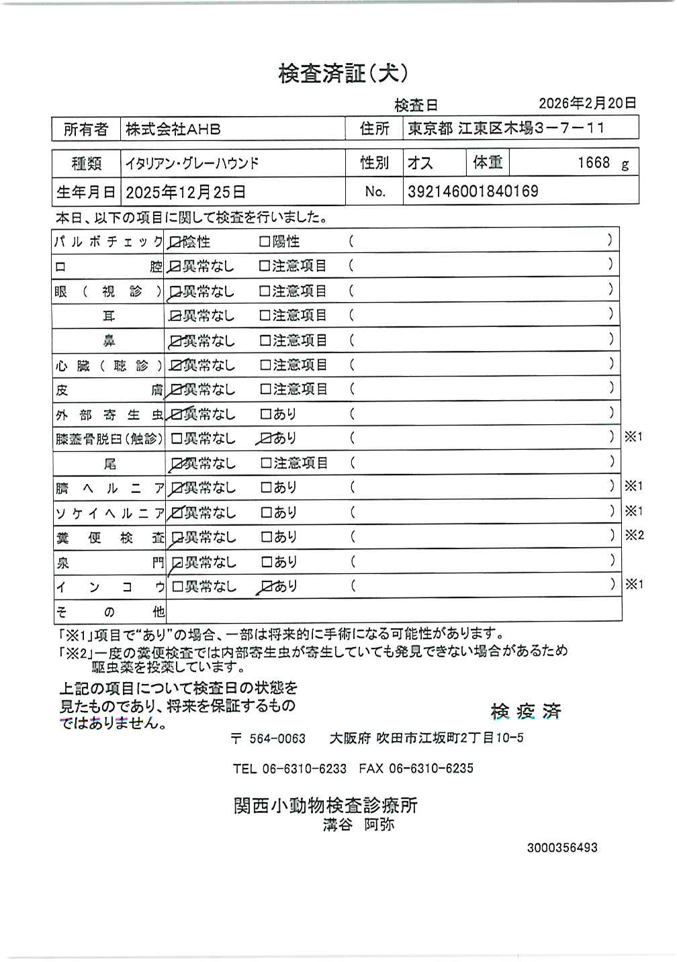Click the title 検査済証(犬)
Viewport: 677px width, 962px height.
[343, 74]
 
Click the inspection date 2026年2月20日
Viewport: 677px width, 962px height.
[587, 103]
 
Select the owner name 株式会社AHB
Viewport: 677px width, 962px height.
[173, 130]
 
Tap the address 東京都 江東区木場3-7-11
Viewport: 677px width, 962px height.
[506, 128]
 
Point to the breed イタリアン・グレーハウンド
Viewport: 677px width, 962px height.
[192, 163]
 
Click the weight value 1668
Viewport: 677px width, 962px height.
[594, 162]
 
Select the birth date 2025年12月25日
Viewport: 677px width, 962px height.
[185, 193]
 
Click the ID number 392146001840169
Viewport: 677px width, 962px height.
[473, 192]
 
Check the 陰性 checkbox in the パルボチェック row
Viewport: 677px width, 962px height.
[176, 242]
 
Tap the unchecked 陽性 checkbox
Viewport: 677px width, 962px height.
[265, 242]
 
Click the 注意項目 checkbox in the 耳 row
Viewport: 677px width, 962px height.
[265, 316]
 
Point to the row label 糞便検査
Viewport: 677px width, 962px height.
[109, 538]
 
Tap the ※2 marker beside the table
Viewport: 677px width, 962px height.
[634, 536]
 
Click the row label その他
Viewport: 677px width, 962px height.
[109, 612]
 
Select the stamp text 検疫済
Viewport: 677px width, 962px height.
[526, 712]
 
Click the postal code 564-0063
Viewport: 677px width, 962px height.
[277, 739]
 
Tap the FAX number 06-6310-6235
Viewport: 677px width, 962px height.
[431, 769]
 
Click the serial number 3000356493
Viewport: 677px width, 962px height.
[562, 848]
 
